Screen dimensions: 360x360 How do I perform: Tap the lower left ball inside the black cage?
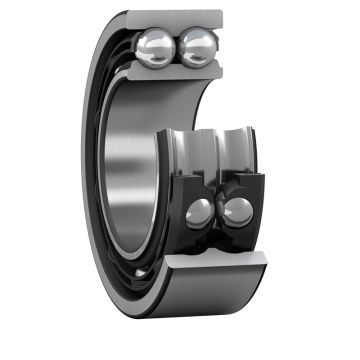pos(201,211)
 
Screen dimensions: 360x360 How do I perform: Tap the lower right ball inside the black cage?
pos(238,210)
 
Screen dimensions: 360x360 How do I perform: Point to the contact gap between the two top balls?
pos(179,46)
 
